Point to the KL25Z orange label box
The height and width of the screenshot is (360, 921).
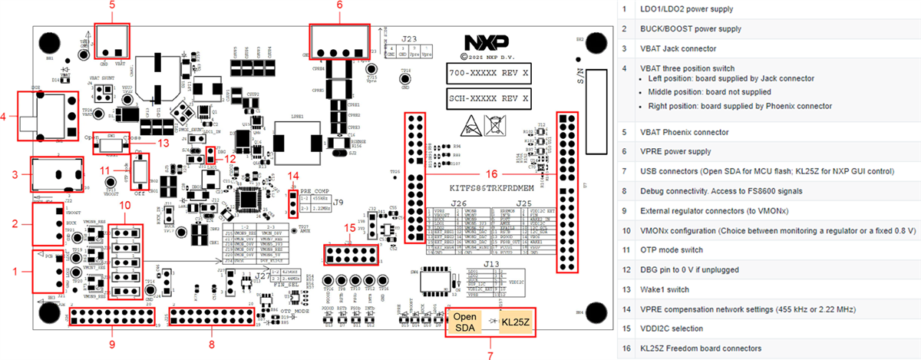click(x=516, y=322)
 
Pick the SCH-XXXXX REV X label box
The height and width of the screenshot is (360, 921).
click(x=488, y=98)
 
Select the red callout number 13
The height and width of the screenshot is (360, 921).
click(x=160, y=142)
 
